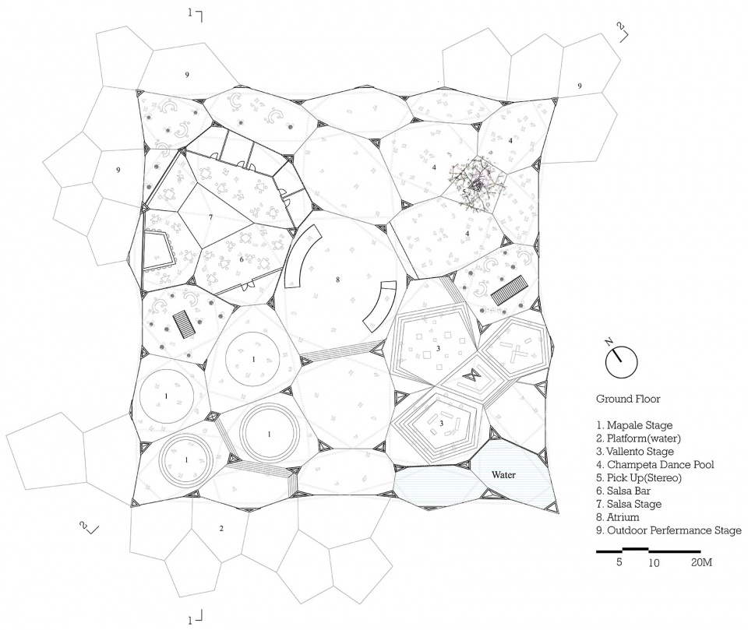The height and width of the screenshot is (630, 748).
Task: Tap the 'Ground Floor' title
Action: click(x=628, y=399)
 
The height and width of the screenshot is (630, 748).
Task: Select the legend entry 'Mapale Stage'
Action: click(x=634, y=425)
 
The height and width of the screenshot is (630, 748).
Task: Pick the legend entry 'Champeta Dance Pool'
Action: click(x=655, y=464)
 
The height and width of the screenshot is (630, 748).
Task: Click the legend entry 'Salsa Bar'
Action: click(x=623, y=491)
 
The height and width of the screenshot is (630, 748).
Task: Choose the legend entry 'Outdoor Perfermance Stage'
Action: click(x=669, y=530)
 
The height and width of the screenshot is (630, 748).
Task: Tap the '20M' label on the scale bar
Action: click(x=701, y=563)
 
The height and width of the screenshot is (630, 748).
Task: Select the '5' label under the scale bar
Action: click(x=619, y=562)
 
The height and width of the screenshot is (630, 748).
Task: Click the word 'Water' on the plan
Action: click(x=503, y=475)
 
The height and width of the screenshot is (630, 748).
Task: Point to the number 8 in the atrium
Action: click(x=337, y=280)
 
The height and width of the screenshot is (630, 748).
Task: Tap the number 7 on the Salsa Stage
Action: click(x=210, y=217)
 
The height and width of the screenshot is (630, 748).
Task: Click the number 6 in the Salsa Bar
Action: click(x=242, y=259)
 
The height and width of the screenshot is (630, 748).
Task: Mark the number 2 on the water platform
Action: click(x=221, y=529)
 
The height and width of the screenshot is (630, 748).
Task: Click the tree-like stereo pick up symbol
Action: click(x=475, y=183)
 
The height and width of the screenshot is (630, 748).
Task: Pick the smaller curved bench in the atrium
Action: click(x=380, y=307)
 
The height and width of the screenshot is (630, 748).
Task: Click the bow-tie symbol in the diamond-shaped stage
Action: click(x=472, y=375)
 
